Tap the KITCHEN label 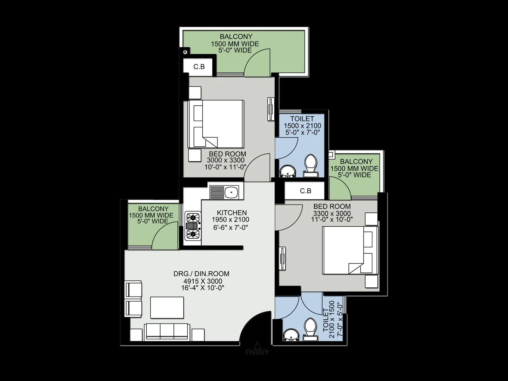pos(232,213)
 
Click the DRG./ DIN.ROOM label pos(201,274)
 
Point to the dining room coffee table pos(167,307)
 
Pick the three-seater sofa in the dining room pos(167,332)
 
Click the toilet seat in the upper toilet pos(310,163)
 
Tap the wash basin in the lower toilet pos(289,335)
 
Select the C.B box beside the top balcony pos(199,67)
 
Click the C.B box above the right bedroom pos(305,191)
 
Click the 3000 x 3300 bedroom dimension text pos(226,160)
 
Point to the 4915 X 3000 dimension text pos(203,281)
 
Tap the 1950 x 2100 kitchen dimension pos(231,220)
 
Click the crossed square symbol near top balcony pos(185,51)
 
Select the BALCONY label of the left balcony pos(153,209)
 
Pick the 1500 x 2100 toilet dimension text pos(302,126)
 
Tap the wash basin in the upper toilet pos(288,171)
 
